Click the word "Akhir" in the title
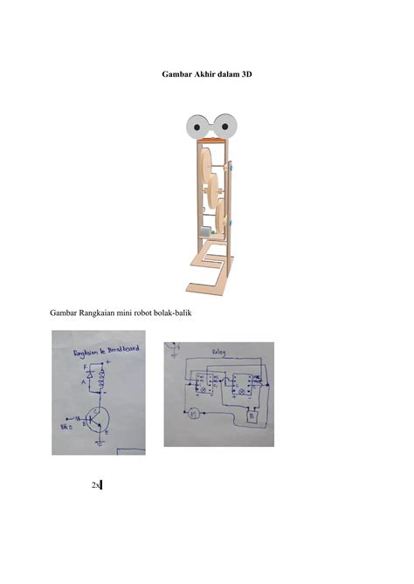point(200,76)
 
